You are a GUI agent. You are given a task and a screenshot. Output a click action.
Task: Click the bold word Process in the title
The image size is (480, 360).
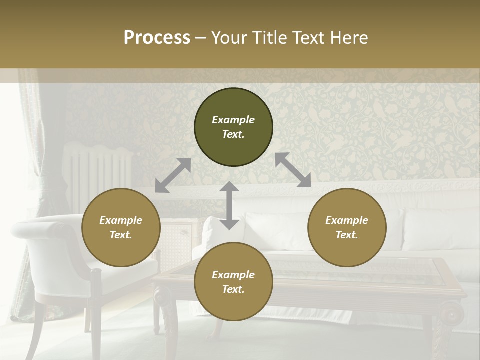[x=157, y=38]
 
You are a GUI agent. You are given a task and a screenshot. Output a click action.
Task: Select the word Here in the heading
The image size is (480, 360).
[x=350, y=38]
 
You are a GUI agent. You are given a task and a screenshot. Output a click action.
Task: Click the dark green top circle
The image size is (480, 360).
[x=233, y=127]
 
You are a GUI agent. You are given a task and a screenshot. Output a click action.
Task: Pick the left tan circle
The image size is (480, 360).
[x=121, y=227]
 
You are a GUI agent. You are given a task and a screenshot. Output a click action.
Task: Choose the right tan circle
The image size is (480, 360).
[x=347, y=227]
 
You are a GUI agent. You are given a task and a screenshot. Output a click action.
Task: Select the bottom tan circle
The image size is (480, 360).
[x=233, y=282]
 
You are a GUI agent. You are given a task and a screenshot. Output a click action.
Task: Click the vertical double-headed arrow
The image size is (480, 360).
[x=229, y=205]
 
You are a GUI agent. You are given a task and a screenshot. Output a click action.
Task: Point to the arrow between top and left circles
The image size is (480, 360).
[x=173, y=175]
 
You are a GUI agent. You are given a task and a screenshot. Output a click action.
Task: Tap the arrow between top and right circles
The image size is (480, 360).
[x=293, y=170]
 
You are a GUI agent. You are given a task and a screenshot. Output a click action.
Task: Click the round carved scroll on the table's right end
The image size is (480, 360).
[x=454, y=313]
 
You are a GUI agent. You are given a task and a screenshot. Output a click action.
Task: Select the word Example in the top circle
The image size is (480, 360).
[x=233, y=120]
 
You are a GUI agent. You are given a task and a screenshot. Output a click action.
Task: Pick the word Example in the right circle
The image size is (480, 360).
[x=347, y=220]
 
